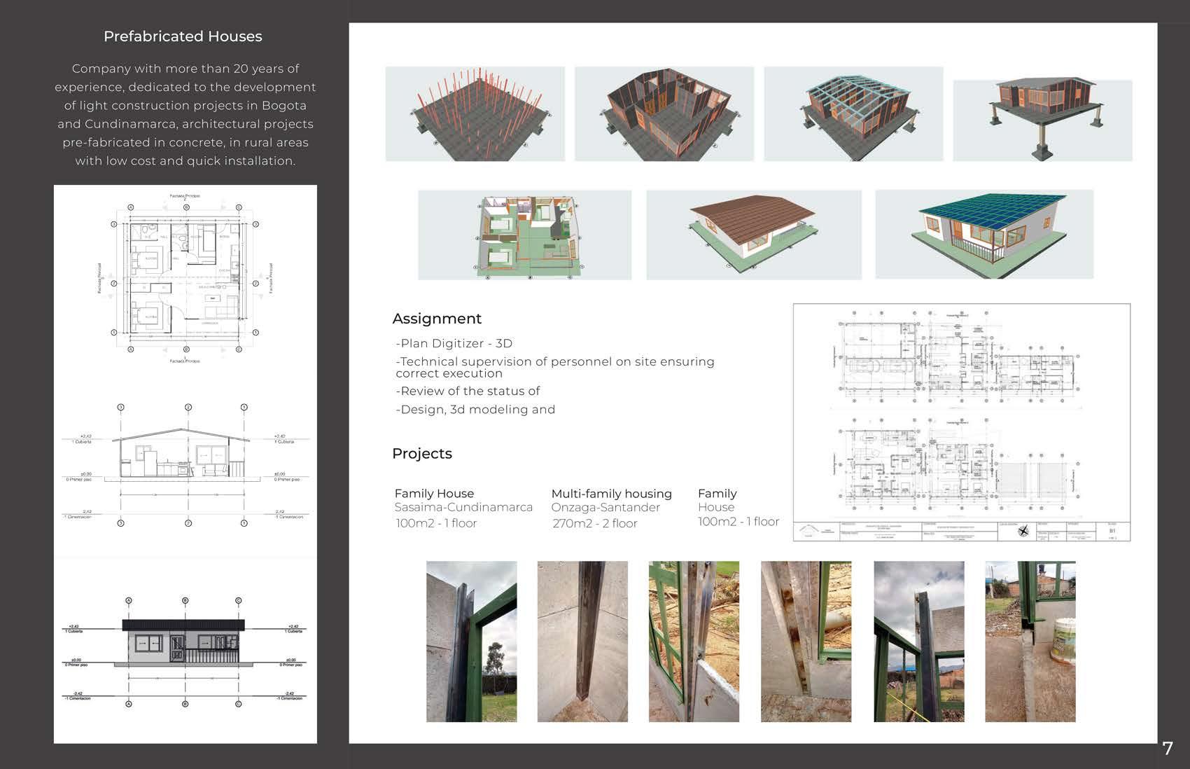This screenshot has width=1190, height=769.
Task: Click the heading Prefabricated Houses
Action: click(x=183, y=36)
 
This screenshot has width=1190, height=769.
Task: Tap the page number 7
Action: click(x=1167, y=749)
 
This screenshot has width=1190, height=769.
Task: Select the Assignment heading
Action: click(x=437, y=319)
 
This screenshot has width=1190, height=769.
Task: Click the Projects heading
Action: click(x=422, y=454)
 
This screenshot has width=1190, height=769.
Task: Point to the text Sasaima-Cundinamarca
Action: click(x=463, y=507)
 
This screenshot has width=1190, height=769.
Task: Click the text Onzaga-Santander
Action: click(x=605, y=507)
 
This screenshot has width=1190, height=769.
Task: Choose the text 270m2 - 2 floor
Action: click(x=595, y=523)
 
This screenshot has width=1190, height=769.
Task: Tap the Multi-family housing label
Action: click(x=611, y=494)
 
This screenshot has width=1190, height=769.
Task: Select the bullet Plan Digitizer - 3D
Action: click(x=454, y=343)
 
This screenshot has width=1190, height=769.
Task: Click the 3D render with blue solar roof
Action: click(x=984, y=234)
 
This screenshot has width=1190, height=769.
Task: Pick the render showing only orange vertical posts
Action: click(x=475, y=114)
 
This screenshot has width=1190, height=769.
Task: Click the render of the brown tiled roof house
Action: click(x=753, y=235)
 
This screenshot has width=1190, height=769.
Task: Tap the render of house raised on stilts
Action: click(x=1042, y=120)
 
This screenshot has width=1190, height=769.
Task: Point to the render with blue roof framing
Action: click(x=853, y=114)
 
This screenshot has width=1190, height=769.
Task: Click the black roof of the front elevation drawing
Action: click(x=183, y=625)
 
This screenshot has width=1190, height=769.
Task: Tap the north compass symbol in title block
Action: click(x=1023, y=532)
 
